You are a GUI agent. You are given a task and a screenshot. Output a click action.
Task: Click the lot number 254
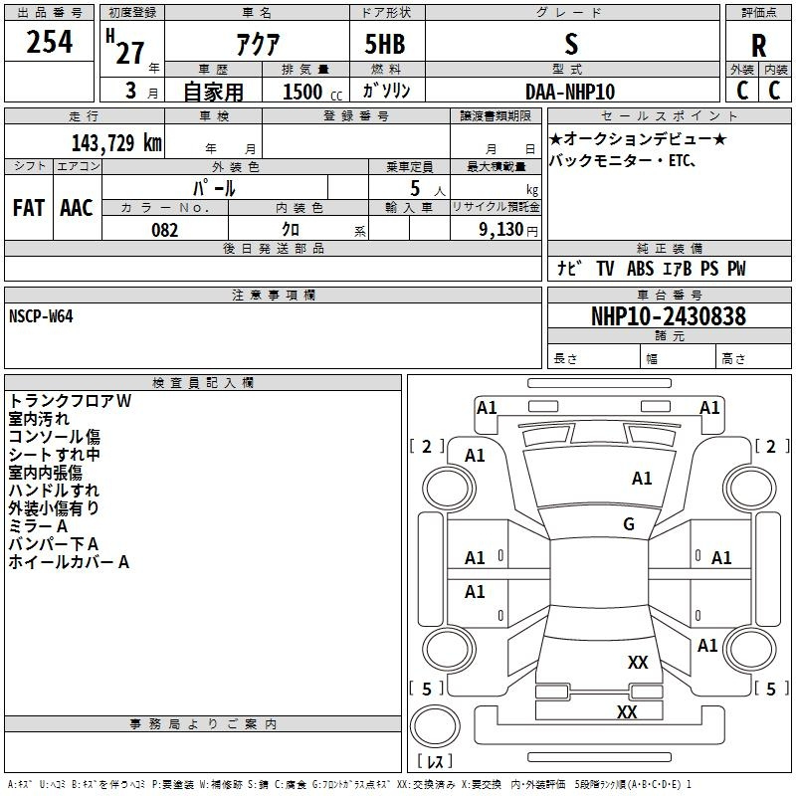point(49,43)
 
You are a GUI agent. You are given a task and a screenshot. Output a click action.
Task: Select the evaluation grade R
point(758,45)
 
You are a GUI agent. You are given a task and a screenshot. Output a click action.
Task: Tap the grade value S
point(570,44)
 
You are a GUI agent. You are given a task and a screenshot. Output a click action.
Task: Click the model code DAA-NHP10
point(570,92)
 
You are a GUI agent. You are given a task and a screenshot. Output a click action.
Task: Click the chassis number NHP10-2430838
point(668,316)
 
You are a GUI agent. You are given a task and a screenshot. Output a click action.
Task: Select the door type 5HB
point(384,45)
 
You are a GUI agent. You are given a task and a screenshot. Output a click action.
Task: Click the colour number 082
point(164,230)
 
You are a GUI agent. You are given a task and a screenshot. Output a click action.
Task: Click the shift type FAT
point(29,208)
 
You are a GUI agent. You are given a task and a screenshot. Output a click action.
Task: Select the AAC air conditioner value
point(77,208)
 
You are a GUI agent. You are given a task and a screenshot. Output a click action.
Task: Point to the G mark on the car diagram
point(629,524)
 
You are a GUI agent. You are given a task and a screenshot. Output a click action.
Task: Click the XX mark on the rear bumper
point(627,712)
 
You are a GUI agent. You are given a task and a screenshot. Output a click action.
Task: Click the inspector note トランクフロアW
point(70,401)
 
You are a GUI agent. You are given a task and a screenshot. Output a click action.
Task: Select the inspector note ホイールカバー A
point(69,562)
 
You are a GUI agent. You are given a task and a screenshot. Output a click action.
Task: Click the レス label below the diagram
point(435,761)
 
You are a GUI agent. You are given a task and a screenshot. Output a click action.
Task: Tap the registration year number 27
point(129,53)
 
